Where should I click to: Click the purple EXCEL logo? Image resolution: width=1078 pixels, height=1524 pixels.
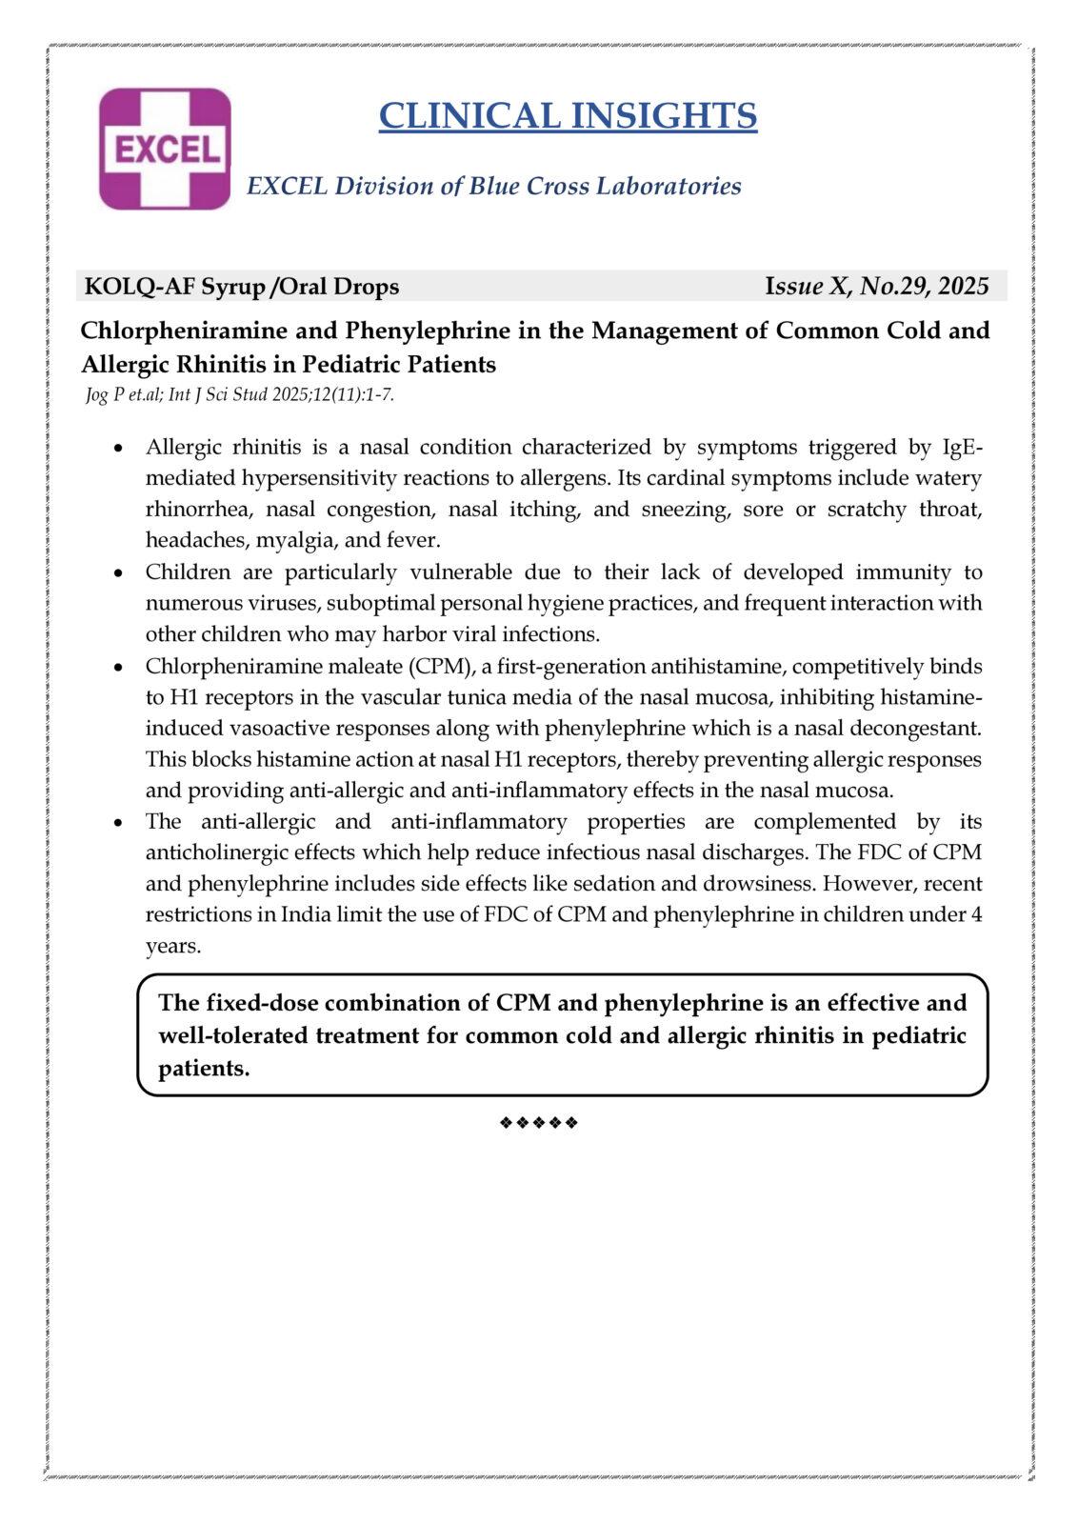click(x=165, y=149)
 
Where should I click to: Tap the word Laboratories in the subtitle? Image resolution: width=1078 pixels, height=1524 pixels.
click(x=669, y=186)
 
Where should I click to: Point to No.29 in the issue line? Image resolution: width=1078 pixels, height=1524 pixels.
click(x=894, y=287)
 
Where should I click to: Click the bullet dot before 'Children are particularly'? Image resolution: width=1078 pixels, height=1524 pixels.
click(x=118, y=573)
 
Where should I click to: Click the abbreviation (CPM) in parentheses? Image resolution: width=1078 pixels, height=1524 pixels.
click(x=436, y=666)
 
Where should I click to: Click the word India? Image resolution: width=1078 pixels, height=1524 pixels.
click(x=306, y=914)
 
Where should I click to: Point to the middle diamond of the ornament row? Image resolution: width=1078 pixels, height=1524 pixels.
click(x=539, y=1123)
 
